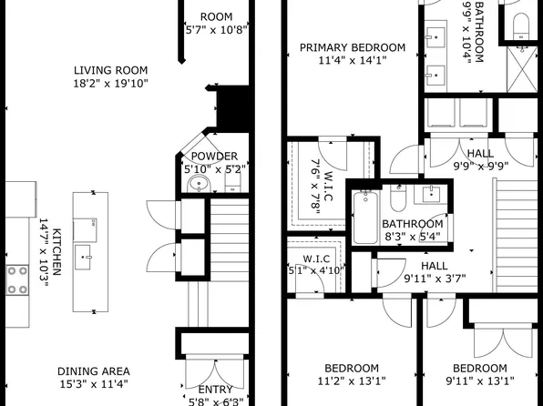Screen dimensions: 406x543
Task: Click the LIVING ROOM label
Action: [x=110, y=70]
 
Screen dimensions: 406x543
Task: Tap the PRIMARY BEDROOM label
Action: [x=352, y=47]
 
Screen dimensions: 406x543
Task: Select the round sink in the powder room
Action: [x=199, y=185]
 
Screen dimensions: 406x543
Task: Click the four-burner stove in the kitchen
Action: [x=17, y=279]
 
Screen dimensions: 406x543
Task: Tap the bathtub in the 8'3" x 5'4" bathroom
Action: [x=365, y=218]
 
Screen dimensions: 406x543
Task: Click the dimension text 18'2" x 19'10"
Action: [x=110, y=85]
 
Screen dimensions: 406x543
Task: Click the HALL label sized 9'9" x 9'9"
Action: [x=480, y=154]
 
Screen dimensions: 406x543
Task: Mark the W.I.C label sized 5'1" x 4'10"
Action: [x=303, y=257]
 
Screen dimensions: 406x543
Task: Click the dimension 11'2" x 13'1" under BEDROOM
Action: [x=352, y=382]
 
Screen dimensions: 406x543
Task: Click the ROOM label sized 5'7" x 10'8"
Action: [x=216, y=16]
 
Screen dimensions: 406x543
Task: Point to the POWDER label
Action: [x=214, y=156]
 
